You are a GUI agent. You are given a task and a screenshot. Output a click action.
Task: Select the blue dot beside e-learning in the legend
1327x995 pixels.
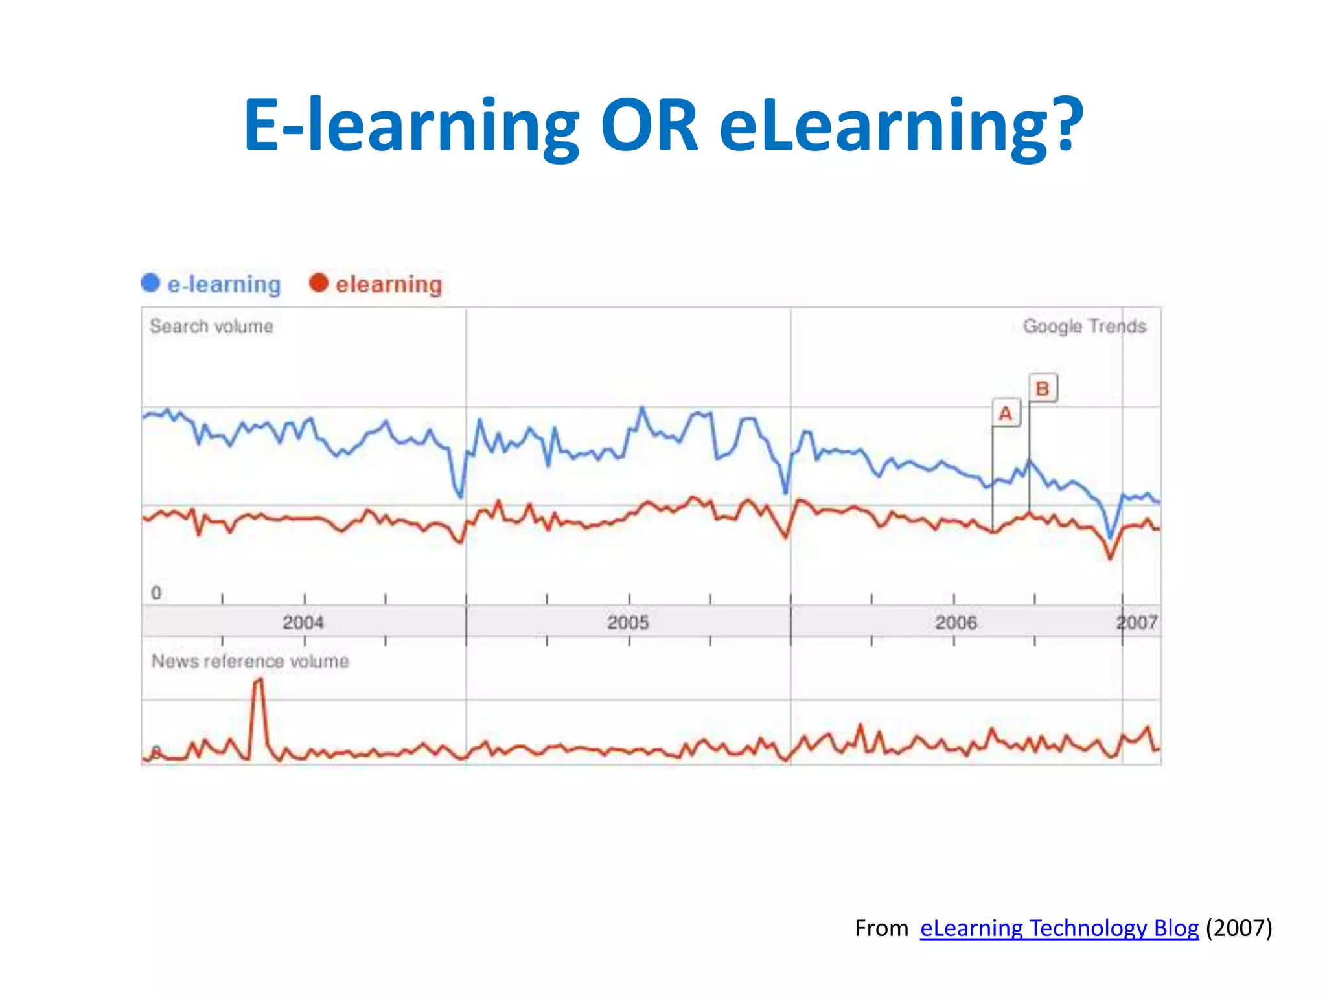coord(150,283)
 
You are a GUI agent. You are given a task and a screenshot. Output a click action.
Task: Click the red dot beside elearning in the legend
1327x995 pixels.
coord(318,283)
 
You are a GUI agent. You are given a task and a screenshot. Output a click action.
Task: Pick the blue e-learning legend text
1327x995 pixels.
coord(224,284)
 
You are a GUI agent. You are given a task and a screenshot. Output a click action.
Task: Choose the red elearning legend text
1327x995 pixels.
coord(389,284)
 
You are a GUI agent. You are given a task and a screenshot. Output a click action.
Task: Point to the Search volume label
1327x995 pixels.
coord(211,326)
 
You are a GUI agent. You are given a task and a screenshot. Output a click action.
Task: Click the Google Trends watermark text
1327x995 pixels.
coord(1084,326)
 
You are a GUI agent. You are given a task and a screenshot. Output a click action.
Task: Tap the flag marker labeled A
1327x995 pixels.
coord(1006,413)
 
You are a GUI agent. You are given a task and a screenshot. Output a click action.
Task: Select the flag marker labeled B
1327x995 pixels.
coord(1043,389)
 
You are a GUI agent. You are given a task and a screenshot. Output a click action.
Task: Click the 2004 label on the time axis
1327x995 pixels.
coord(303,623)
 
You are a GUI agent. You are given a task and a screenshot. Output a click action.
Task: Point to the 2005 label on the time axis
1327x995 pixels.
coord(628,623)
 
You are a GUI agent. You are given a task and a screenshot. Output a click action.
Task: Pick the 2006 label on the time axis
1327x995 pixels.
coord(956,623)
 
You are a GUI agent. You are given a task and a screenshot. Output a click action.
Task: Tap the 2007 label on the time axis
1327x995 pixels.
coord(1138,623)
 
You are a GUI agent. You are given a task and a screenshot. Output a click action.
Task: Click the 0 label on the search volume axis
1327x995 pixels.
coord(156,593)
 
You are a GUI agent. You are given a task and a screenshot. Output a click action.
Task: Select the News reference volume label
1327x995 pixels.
coord(250,661)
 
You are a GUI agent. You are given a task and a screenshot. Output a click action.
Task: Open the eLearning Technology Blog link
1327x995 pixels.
coord(1059,928)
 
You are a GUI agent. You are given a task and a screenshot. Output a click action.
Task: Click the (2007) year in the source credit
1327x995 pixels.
coord(1238,928)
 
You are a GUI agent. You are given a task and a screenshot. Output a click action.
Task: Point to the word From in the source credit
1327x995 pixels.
coord(881,928)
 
